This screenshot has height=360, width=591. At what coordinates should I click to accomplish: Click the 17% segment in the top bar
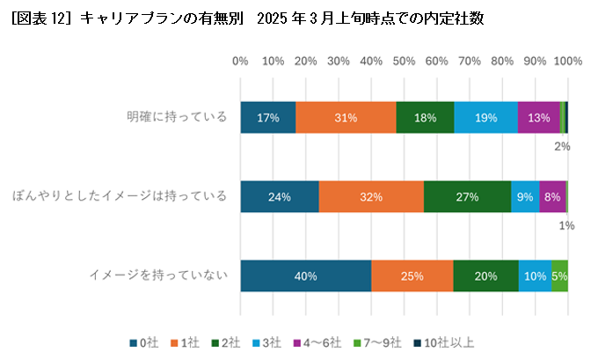pos(267,118)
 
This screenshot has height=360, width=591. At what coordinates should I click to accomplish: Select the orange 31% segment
pos(346,118)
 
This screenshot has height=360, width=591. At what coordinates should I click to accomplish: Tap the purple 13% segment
pos(538,118)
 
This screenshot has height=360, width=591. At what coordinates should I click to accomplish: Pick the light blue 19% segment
pos(485,118)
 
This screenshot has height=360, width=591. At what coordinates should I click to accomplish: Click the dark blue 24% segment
pos(280,197)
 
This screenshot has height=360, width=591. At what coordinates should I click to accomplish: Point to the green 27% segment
pos(467,197)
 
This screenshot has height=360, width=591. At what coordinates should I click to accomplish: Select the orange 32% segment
pos(371,197)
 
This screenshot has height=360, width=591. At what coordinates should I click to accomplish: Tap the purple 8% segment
pos(552,197)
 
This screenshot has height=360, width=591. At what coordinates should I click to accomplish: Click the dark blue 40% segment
pos(305,276)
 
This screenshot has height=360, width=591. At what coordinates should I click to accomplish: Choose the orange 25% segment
pos(412,276)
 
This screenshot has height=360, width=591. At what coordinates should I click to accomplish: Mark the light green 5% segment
pos(559,276)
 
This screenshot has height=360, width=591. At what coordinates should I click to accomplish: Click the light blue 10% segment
pos(535,276)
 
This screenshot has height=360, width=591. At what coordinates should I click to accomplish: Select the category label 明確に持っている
pos(176,117)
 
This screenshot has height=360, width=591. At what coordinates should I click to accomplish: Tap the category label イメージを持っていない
pos(158,276)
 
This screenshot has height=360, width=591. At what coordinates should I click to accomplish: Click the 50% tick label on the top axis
pos(404,62)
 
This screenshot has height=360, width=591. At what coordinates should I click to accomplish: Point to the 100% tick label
pos(568,62)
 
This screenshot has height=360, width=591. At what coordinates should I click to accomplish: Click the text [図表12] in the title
pos(40,18)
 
